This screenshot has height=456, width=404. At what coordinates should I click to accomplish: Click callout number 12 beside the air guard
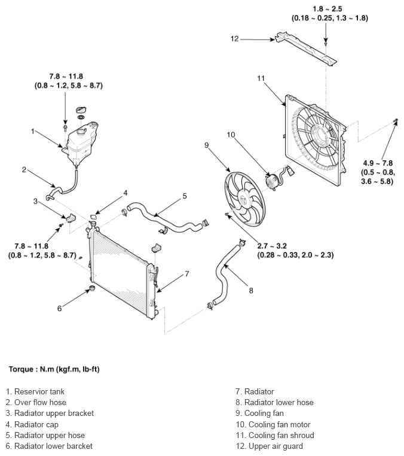(x=234, y=39)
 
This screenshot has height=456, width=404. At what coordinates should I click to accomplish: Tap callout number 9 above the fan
(x=207, y=145)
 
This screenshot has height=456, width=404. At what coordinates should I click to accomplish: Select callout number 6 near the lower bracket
(x=59, y=308)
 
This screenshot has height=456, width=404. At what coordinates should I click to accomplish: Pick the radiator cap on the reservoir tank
(x=81, y=110)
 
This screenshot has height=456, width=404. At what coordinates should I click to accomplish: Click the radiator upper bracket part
(x=70, y=218)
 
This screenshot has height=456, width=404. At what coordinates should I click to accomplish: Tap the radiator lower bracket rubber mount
(x=92, y=289)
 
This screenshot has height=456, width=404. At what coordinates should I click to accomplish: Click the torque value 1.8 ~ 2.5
(x=328, y=9)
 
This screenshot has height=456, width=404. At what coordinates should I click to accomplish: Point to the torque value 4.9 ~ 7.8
(x=378, y=163)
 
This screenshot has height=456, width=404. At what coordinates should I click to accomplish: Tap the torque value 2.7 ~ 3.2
(x=272, y=246)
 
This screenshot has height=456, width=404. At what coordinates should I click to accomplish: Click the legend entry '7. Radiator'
(x=255, y=391)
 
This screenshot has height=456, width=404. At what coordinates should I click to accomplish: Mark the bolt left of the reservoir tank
(x=65, y=128)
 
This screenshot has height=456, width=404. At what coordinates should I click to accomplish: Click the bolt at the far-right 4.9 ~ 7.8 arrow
(x=395, y=121)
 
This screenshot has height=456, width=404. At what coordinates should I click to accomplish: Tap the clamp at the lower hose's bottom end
(x=210, y=306)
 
